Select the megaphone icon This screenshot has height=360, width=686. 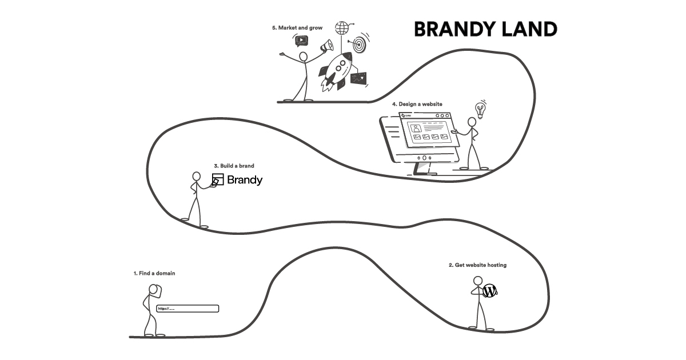tap(326, 45)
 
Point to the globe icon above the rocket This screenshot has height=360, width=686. tap(342, 27)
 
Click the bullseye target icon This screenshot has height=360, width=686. tap(360, 43)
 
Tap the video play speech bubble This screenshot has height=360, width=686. tap(301, 41)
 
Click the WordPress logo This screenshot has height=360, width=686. tap(489, 291)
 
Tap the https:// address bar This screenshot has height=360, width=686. tap(188, 309)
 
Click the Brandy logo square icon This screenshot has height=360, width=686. tap(217, 180)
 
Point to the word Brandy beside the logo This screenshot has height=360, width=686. tap(245, 180)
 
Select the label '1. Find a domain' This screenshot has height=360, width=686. tap(154, 273)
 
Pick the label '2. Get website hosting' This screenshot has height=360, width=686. tap(477, 265)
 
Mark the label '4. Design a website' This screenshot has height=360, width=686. tap(417, 104)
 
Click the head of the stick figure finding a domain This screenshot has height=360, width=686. tap(153, 290)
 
